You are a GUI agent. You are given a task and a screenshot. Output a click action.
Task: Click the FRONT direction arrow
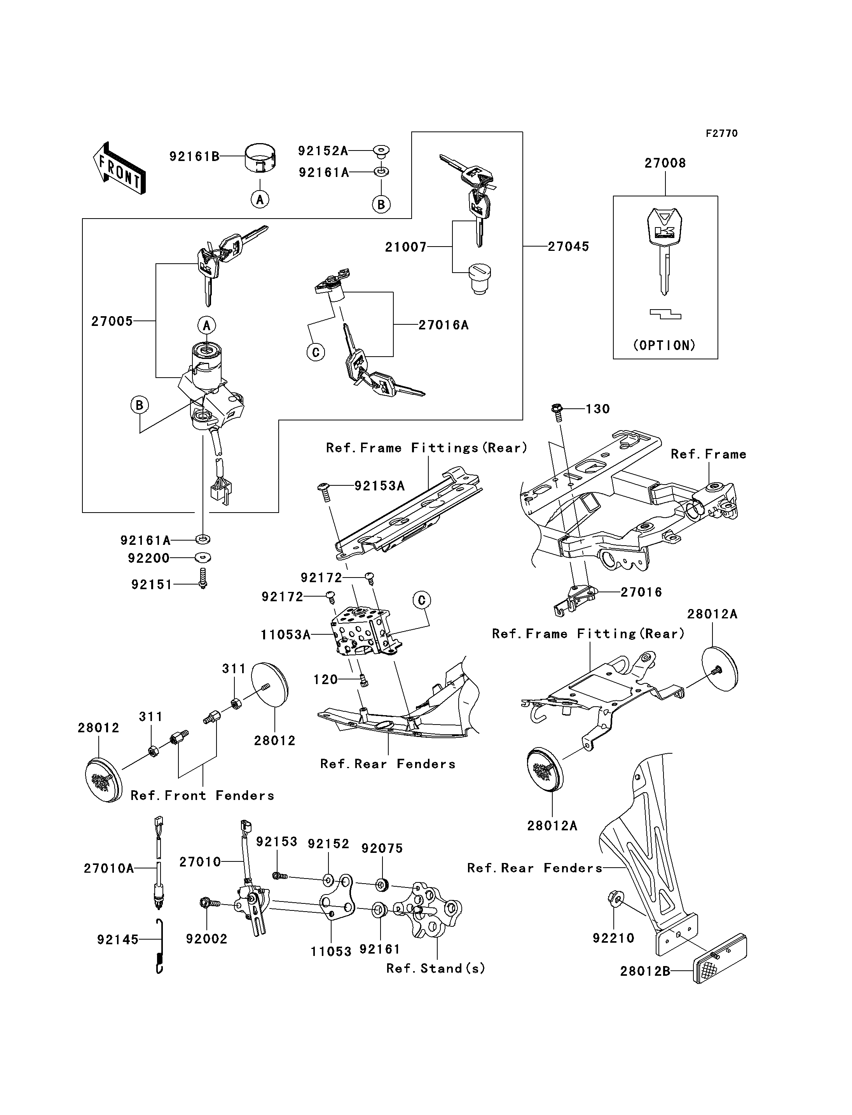119,168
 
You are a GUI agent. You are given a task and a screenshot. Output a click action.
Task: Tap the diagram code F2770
722,133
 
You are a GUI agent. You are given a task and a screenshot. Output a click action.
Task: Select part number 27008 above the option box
665,163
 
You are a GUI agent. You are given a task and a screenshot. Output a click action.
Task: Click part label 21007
406,247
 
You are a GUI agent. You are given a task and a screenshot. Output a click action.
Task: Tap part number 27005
112,321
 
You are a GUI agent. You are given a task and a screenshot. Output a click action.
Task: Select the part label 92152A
323,151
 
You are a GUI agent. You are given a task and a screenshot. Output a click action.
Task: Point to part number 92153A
379,486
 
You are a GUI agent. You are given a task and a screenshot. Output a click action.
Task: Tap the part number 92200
148,558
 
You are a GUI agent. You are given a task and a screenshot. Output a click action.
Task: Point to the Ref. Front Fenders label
203,795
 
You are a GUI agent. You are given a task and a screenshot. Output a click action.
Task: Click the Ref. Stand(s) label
436,968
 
